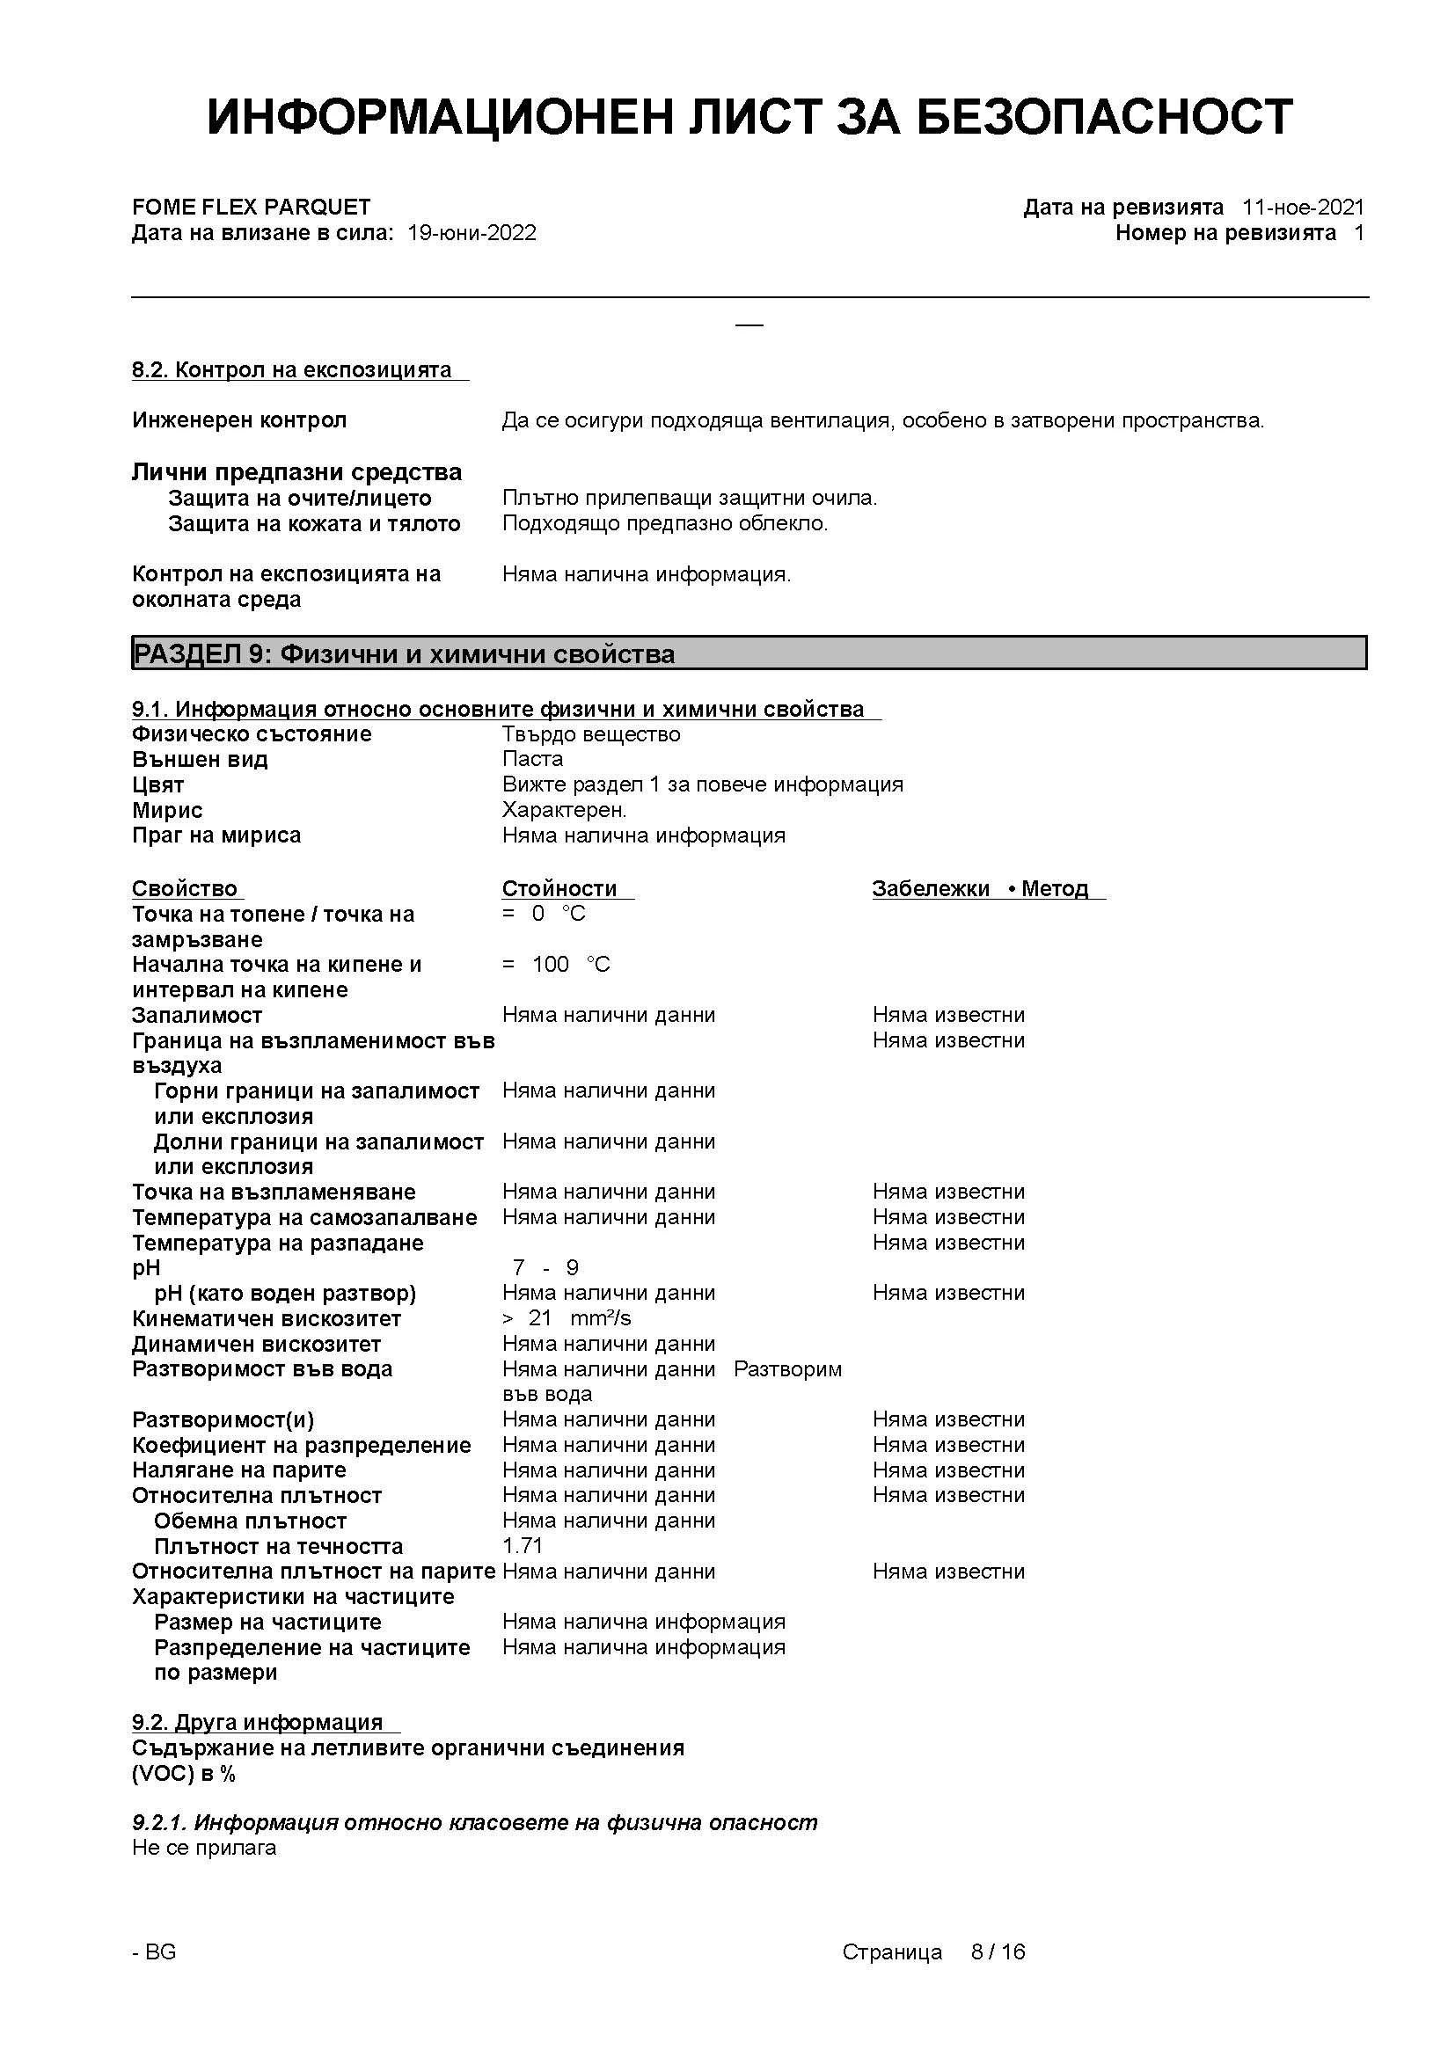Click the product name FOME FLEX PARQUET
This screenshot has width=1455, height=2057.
click(x=251, y=207)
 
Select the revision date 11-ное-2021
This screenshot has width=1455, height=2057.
click(x=1303, y=207)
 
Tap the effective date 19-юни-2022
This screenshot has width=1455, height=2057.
click(x=472, y=233)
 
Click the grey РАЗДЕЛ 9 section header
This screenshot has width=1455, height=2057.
click(x=748, y=653)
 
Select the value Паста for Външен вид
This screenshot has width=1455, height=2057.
click(x=532, y=759)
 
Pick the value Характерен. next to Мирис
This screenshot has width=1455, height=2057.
click(x=565, y=810)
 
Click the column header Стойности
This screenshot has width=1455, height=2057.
click(x=559, y=889)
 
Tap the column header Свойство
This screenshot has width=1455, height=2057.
click(x=185, y=889)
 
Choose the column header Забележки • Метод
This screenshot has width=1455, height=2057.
click(x=980, y=889)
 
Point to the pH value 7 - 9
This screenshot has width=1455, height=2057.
click(x=545, y=1268)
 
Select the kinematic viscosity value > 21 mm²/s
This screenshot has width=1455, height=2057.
click(x=567, y=1318)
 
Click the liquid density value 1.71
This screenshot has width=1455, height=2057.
click(x=523, y=1546)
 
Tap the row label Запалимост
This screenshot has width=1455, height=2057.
click(x=197, y=1015)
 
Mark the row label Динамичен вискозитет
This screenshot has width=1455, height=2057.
click(x=256, y=1344)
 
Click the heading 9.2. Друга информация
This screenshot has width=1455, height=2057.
click(x=257, y=1723)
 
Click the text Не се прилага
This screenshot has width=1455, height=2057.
click(x=204, y=1848)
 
